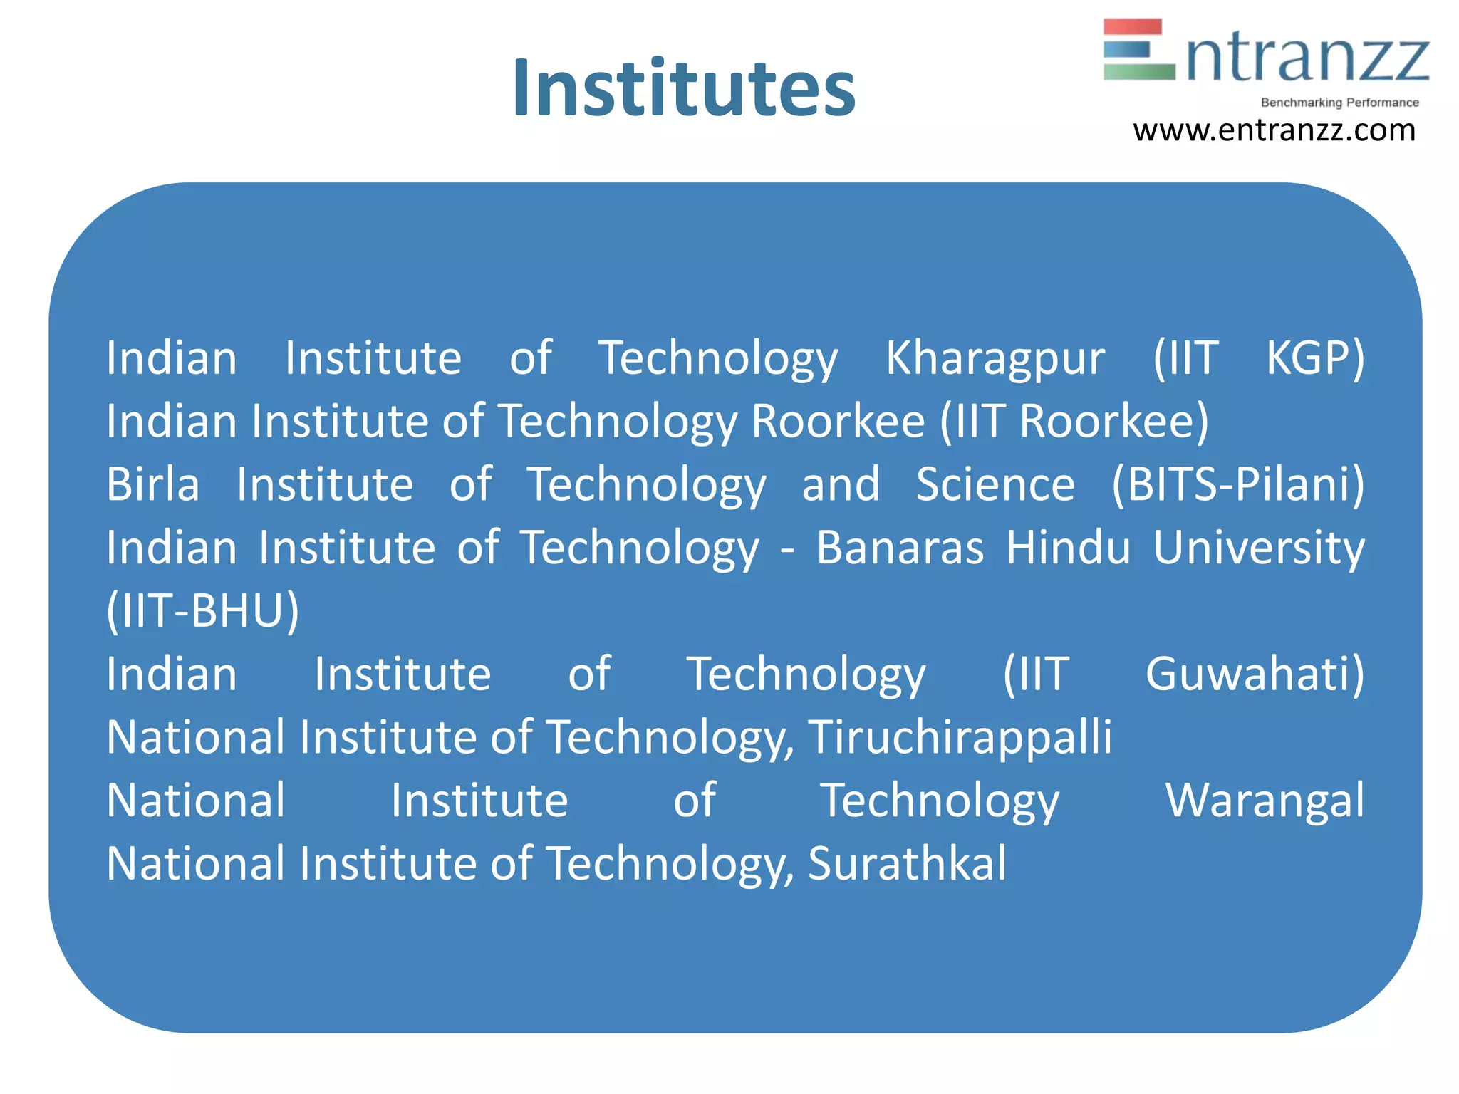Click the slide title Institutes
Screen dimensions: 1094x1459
(x=684, y=88)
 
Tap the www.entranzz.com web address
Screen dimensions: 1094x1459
(x=1274, y=130)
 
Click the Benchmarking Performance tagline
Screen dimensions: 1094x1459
(x=1339, y=103)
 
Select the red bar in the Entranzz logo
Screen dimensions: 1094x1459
(x=1132, y=27)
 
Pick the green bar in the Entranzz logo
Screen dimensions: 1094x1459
(x=1138, y=71)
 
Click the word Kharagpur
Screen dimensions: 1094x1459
(x=995, y=358)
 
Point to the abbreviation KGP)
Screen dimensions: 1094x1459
(x=1315, y=358)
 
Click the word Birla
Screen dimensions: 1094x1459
(x=152, y=484)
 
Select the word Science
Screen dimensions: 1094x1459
(x=995, y=484)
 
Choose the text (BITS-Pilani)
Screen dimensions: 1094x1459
(x=1238, y=484)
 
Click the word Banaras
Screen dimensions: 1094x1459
(x=900, y=548)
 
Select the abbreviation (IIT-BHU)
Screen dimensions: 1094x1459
(x=203, y=611)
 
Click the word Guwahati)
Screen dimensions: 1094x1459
(x=1255, y=674)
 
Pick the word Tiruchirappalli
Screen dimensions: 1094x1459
(x=960, y=737)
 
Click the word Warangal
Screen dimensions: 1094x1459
(x=1265, y=801)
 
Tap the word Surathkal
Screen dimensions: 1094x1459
(x=907, y=863)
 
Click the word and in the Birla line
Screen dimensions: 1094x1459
(x=841, y=484)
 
